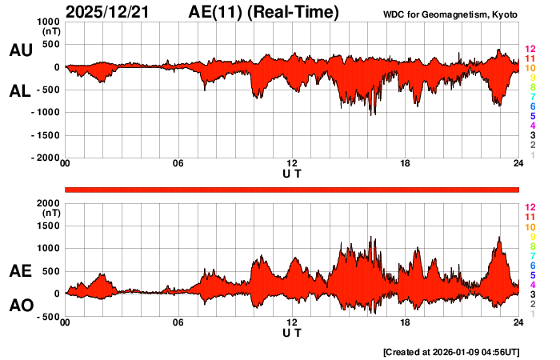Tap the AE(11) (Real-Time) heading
click(x=264, y=12)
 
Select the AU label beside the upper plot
click(x=20, y=50)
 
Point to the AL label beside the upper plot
click(x=20, y=91)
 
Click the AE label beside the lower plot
click(x=20, y=271)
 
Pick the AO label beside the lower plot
click(x=20, y=305)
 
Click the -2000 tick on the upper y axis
click(x=43, y=158)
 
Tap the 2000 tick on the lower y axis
click(x=47, y=203)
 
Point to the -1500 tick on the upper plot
click(x=43, y=135)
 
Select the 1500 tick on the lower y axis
click(x=47, y=226)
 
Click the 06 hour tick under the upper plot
click(x=178, y=164)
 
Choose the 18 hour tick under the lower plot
click(x=406, y=322)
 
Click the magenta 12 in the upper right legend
click(x=529, y=50)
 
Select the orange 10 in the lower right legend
click(x=529, y=227)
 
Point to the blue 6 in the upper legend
click(x=532, y=106)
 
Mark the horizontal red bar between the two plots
click(x=292, y=189)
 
